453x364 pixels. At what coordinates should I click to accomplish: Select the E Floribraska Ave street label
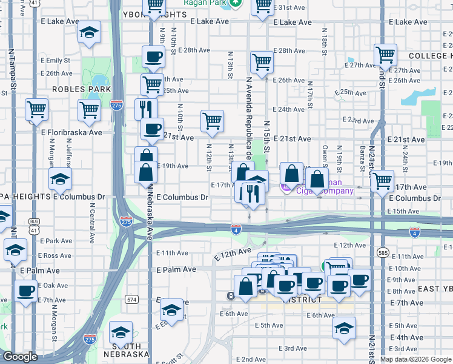(71, 132)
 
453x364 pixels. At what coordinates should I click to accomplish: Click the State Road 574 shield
(131, 299)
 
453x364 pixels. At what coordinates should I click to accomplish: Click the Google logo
(20, 357)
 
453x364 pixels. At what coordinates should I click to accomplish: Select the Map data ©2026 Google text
(415, 359)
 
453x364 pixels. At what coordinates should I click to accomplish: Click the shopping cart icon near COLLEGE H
(385, 55)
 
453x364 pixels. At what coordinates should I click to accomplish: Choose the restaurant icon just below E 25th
(146, 109)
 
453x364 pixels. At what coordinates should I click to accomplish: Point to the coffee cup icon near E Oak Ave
(25, 292)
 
